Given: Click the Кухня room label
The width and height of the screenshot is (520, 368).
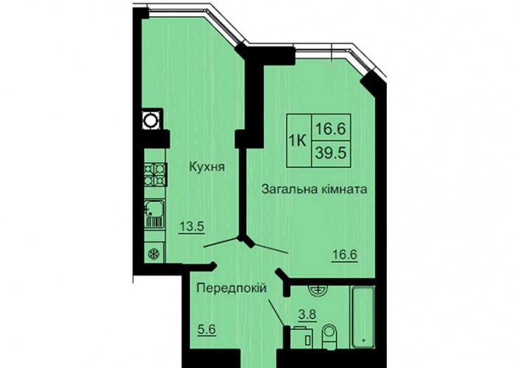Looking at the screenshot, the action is click(x=207, y=166).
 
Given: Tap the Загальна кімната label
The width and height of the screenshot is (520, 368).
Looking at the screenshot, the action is click(x=314, y=189).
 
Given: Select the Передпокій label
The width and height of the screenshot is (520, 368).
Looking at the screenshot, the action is click(x=232, y=288).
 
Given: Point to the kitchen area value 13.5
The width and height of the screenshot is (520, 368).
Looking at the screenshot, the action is click(x=191, y=227).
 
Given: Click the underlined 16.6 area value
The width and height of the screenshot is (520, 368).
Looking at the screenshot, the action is click(x=345, y=255).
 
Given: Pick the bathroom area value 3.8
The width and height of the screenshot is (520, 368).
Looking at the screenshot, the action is click(x=307, y=314).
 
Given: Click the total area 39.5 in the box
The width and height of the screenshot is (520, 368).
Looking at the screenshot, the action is click(x=331, y=153).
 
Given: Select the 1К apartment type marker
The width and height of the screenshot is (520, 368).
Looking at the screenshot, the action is click(x=298, y=142).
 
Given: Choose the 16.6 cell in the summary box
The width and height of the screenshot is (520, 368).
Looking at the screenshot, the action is click(x=331, y=128).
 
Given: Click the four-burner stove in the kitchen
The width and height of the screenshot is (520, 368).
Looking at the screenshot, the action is click(x=155, y=175).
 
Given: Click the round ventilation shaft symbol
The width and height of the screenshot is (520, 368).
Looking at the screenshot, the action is click(x=151, y=120).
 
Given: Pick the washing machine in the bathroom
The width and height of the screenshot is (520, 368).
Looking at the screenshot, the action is click(x=302, y=338).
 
